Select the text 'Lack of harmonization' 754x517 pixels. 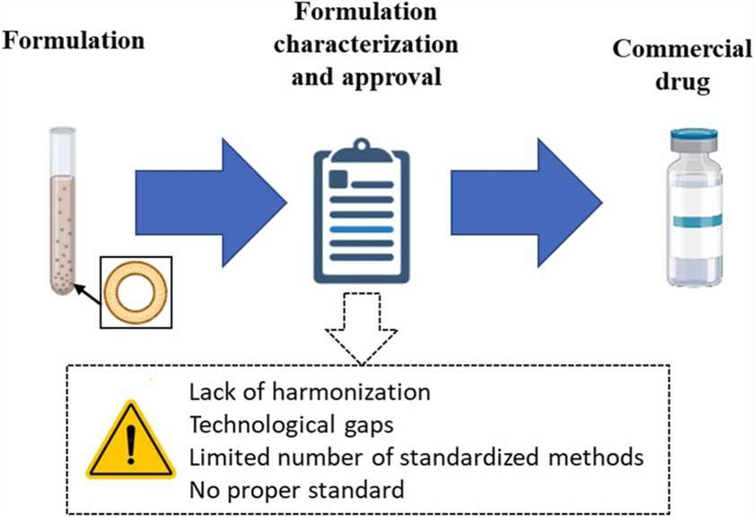(310, 392)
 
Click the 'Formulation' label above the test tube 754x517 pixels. (74, 40)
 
